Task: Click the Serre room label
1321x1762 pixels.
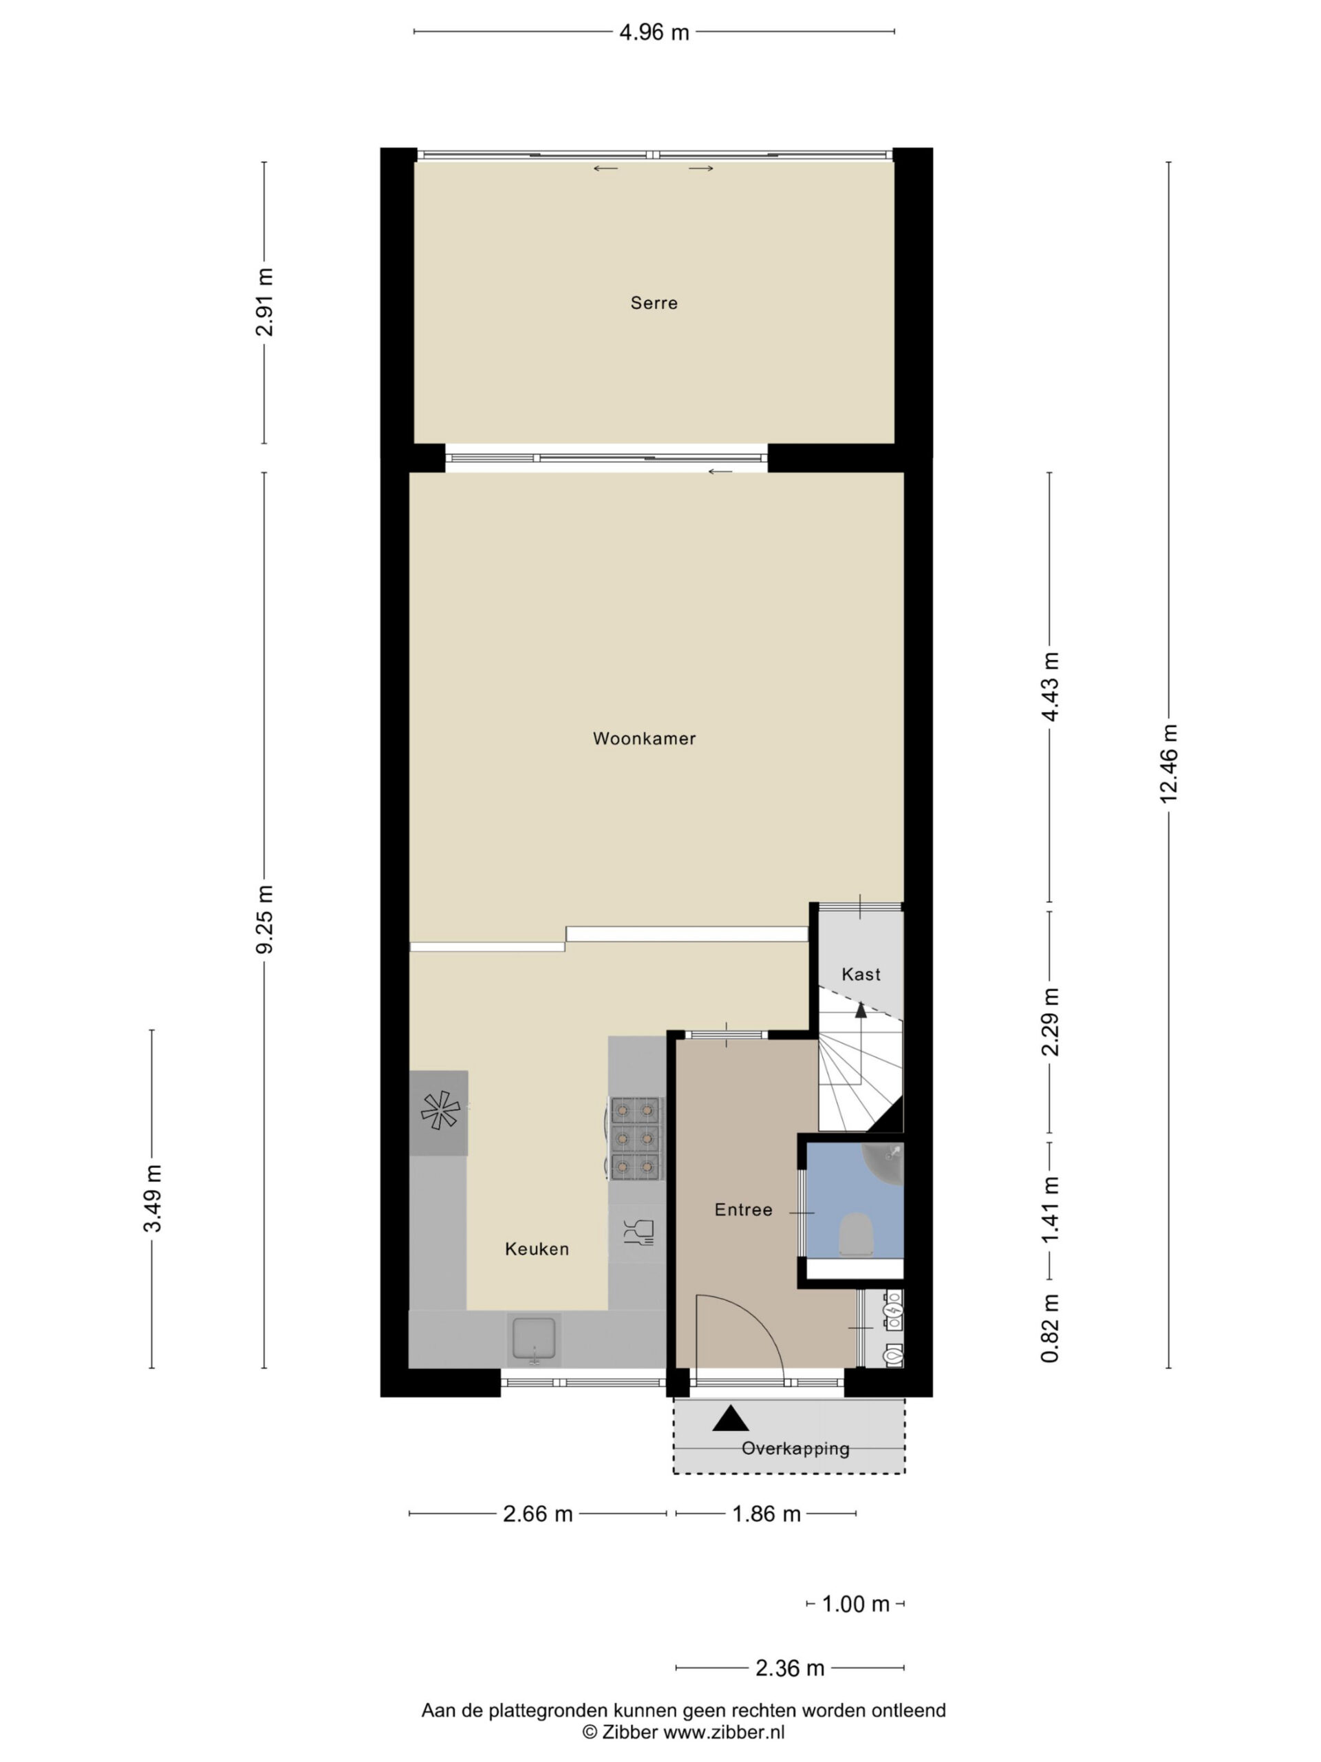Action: pyautogui.click(x=654, y=303)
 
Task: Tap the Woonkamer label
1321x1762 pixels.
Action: pyautogui.click(x=644, y=739)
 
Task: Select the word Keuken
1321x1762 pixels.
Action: pyautogui.click(x=537, y=1249)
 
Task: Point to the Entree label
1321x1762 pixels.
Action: pyautogui.click(x=743, y=1210)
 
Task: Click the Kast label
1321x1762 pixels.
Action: pyautogui.click(x=861, y=974)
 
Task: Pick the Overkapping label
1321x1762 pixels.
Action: pyautogui.click(x=795, y=1448)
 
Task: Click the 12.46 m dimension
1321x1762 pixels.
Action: pyautogui.click(x=1168, y=764)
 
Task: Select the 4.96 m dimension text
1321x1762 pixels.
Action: pyautogui.click(x=654, y=32)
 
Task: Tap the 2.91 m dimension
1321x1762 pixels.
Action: pyautogui.click(x=264, y=302)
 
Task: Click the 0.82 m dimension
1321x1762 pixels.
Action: pyautogui.click(x=1049, y=1328)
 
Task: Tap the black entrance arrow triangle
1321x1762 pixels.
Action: pyautogui.click(x=730, y=1418)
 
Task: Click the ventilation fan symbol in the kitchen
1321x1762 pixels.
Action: pyautogui.click(x=440, y=1111)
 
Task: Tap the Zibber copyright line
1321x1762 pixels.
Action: pyautogui.click(x=683, y=1732)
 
